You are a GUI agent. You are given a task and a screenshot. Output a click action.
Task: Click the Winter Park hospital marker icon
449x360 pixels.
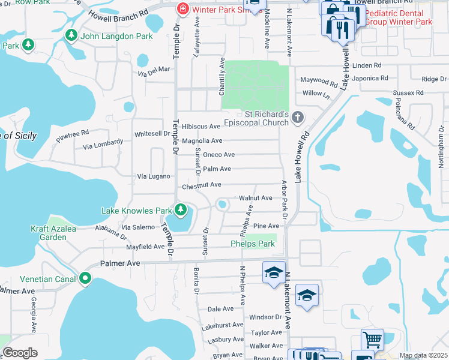click(x=182, y=10)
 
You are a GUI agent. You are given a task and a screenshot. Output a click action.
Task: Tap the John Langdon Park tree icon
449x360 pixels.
click(x=71, y=35)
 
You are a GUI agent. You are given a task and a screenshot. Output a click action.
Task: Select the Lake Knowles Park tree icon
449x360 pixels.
click(x=180, y=209)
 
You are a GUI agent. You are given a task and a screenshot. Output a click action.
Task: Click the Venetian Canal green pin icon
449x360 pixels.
click(x=85, y=278)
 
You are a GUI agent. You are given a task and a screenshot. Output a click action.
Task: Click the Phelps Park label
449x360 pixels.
click(x=253, y=244)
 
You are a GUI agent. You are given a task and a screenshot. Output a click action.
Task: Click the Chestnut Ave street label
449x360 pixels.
click(x=202, y=186)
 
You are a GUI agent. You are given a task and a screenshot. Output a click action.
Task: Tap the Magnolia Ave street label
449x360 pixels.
click(x=202, y=140)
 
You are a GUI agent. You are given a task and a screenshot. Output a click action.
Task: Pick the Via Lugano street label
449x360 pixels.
click(x=154, y=176)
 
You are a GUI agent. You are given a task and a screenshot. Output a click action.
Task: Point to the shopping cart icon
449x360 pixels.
click(x=372, y=340)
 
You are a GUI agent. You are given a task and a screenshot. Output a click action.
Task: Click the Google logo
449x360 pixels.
click(x=20, y=353)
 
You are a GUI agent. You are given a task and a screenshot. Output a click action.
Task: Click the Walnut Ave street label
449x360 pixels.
click(x=256, y=197)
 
